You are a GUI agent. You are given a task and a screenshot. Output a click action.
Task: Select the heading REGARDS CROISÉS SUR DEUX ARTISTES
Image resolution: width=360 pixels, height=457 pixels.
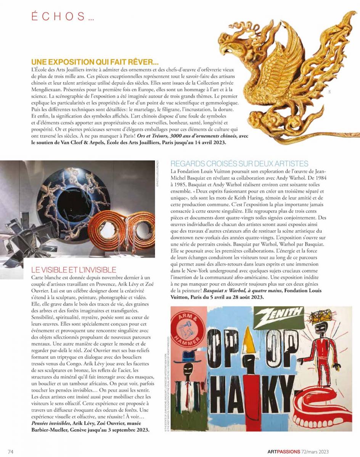point(239,164)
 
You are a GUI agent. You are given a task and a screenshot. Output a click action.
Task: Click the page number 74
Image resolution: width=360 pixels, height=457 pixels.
point(11,452)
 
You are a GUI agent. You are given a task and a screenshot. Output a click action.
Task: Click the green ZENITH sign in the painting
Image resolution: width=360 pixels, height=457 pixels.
point(280,315)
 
